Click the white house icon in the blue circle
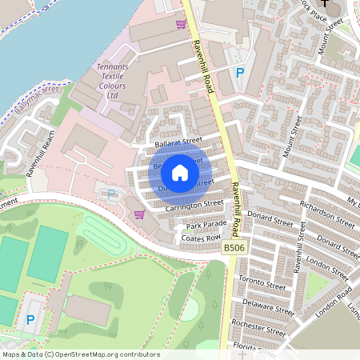(x=180, y=172)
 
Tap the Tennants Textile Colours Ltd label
(x=118, y=82)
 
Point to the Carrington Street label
(x=194, y=205)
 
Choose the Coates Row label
(x=200, y=238)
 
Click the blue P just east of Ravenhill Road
(x=238, y=73)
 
